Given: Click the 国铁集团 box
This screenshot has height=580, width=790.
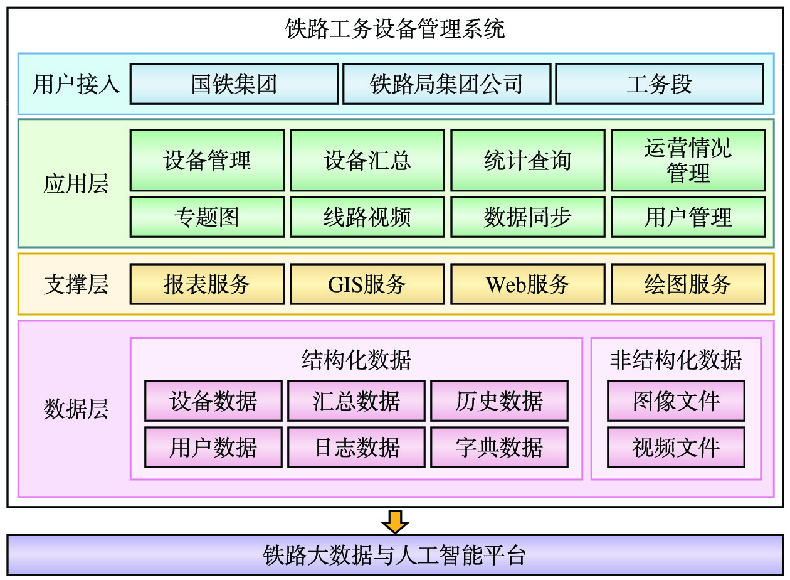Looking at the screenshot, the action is [x=234, y=84].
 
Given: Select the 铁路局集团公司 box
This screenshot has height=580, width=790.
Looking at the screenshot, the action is [x=447, y=84].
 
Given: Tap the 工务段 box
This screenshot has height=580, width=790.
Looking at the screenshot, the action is [x=660, y=84].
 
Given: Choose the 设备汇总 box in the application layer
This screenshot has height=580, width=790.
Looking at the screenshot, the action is [x=367, y=160].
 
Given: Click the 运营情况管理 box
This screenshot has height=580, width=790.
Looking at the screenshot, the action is [x=688, y=160].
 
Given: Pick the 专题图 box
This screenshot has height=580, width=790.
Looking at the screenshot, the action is [x=207, y=217].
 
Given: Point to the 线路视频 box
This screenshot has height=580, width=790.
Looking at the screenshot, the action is [x=367, y=217].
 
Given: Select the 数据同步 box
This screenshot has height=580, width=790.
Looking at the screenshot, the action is [x=528, y=217].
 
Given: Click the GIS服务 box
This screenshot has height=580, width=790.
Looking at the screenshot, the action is [x=367, y=284].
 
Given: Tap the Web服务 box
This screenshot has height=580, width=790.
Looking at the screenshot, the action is [x=528, y=284].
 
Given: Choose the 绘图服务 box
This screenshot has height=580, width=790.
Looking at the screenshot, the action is [x=688, y=284].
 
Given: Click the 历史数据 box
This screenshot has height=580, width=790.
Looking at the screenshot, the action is [x=499, y=401].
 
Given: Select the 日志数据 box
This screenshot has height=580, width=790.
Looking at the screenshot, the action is [x=357, y=448].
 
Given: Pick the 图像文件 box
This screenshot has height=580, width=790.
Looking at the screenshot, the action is [x=677, y=401].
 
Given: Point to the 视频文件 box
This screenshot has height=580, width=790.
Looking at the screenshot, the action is [x=677, y=448].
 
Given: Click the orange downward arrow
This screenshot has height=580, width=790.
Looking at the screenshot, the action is [x=395, y=522].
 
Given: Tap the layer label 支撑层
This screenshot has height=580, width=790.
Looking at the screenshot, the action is [x=76, y=284].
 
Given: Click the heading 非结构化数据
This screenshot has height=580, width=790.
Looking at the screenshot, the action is [x=676, y=360].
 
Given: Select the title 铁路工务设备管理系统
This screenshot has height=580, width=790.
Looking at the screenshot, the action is [x=395, y=29].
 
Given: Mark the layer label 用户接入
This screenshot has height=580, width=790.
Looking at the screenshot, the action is [x=76, y=84].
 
